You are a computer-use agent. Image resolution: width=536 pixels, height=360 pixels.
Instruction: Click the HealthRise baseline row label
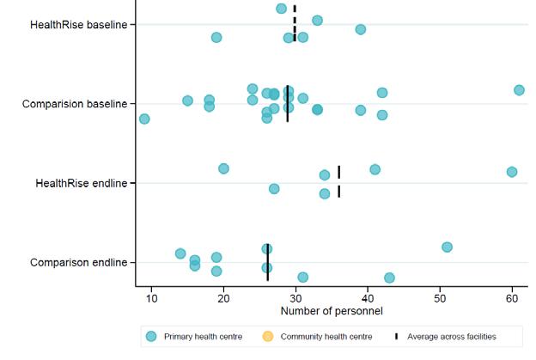point(78,24)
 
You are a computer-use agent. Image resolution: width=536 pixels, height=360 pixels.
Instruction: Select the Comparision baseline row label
point(75,104)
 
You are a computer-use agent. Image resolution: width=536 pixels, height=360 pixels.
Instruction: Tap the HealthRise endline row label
point(81,183)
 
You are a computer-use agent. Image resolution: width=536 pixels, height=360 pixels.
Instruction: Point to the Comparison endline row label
point(78,262)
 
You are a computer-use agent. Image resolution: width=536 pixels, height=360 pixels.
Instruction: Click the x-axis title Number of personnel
point(331,309)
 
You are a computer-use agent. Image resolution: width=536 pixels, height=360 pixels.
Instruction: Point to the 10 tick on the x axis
point(151,298)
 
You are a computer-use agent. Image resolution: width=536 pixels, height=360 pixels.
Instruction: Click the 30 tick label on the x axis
point(295,298)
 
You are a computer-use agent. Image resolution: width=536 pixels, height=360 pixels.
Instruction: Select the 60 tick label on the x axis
point(512,298)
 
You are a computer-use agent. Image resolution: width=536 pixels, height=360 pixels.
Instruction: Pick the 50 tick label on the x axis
point(440,298)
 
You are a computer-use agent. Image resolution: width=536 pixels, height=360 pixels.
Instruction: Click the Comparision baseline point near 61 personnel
point(519,90)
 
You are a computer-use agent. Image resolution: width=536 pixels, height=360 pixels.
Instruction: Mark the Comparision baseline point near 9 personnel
point(144,119)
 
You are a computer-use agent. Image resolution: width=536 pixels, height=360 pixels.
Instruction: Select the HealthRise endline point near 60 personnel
point(512,172)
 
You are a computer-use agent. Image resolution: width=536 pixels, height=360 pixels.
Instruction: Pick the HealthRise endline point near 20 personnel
point(223,168)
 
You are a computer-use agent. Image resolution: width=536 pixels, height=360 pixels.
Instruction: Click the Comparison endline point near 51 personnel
point(447,247)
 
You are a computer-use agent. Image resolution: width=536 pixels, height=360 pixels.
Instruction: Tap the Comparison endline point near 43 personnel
point(389,278)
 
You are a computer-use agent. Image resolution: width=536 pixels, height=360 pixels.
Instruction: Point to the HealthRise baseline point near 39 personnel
point(361,29)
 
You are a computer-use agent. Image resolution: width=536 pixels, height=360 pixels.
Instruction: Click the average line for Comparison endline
point(267,262)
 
